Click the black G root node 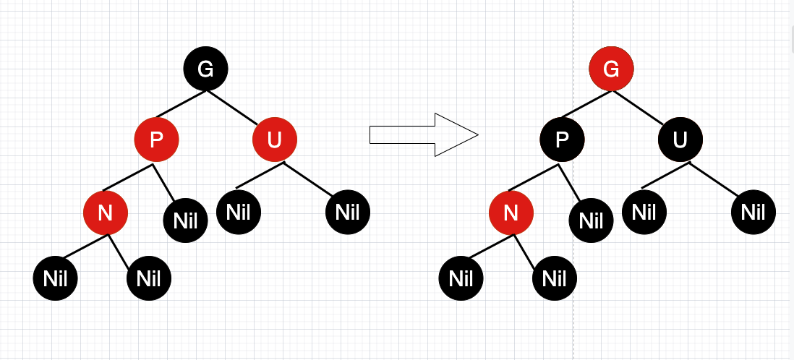pos(205,69)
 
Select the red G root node pos(611,69)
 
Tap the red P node pos(156,139)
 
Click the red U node pos(274,139)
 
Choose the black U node pos(680,139)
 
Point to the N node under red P pos(106,213)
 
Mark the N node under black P pos(511,213)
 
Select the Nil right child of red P pos(186,220)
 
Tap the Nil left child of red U pos(239,213)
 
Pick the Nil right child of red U pos(347,213)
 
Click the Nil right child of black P pos(592,220)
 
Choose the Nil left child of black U pos(644,213)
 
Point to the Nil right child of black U pos(753,213)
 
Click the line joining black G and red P pos(179,104)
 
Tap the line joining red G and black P pos(585,104)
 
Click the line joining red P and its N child pos(129,178)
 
